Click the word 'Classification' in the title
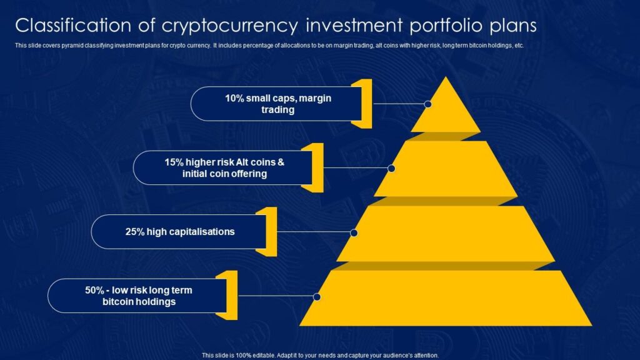pyautogui.click(x=85, y=25)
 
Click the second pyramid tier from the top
pyautogui.click(x=446, y=169)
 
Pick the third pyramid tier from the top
pyautogui.click(x=446, y=234)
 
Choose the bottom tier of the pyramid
pyautogui.click(x=446, y=298)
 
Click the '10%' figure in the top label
pyautogui.click(x=234, y=98)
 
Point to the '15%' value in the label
pyautogui.click(x=174, y=162)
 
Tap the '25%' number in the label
pyautogui.click(x=135, y=232)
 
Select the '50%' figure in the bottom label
pyautogui.click(x=95, y=290)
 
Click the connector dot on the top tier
pyautogui.click(x=427, y=104)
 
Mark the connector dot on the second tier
pyautogui.click(x=391, y=168)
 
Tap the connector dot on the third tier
pyautogui.click(x=354, y=232)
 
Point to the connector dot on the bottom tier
pyautogui.click(x=317, y=297)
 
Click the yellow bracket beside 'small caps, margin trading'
pyautogui.click(x=366, y=104)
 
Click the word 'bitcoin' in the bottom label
pyautogui.click(x=117, y=302)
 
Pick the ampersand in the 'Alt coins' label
pyautogui.click(x=281, y=162)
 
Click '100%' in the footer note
pyautogui.click(x=244, y=356)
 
